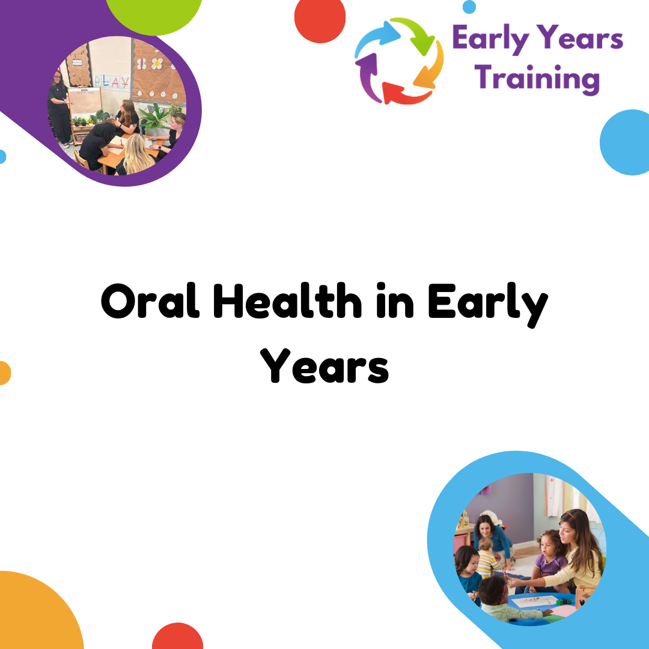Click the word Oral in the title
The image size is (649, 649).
150,300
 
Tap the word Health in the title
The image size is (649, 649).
288,300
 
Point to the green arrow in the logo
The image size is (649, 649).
415,34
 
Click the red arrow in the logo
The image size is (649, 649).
405,94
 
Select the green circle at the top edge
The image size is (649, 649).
154,14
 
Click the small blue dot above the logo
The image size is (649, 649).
469,7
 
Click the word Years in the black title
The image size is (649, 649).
324,365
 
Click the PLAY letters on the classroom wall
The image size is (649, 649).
111,82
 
